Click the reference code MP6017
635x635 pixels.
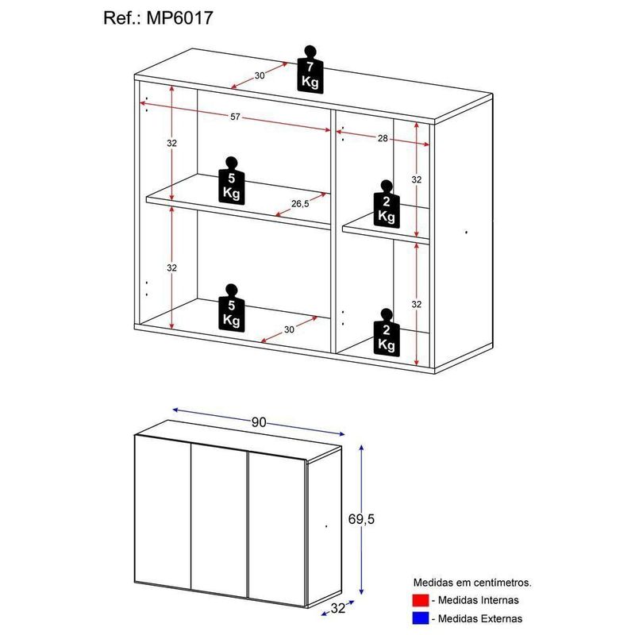pos(179,18)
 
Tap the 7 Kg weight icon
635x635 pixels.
pos(310,70)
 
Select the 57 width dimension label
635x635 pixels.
pos(235,117)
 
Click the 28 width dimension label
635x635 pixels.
pos(383,138)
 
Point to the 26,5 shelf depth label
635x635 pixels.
pos(300,204)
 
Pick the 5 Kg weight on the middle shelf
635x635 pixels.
pos(232,181)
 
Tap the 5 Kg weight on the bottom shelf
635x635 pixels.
pos(232,308)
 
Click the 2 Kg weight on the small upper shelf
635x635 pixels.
pos(387,204)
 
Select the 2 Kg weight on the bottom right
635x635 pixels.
pos(387,333)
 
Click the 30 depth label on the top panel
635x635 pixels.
pos(260,75)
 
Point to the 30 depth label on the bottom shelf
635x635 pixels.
pos(289,329)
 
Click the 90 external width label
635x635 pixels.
pos(259,422)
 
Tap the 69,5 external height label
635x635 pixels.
pos(362,519)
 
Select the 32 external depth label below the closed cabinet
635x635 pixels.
pos(338,608)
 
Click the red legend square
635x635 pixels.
pos(421,600)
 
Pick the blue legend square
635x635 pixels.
pos(421,618)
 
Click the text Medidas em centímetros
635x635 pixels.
pos(472,583)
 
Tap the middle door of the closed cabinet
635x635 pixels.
pos(219,521)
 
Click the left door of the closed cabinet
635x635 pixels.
pos(163,512)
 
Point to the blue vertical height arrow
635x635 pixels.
pos(362,519)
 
